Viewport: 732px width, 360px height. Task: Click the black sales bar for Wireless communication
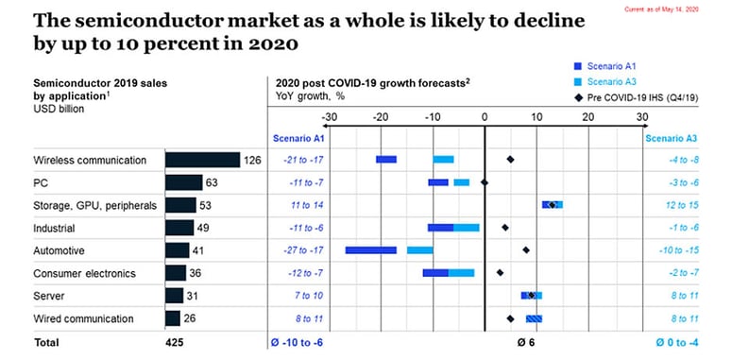(202, 160)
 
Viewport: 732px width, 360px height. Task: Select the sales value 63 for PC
(213, 182)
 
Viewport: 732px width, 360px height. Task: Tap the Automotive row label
(59, 251)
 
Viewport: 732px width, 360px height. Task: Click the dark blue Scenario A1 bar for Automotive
(370, 250)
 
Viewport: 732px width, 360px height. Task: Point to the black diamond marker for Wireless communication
(510, 160)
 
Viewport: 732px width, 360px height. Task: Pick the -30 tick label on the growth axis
(329, 117)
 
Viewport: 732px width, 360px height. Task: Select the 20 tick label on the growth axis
(587, 117)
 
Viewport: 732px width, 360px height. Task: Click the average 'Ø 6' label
(527, 342)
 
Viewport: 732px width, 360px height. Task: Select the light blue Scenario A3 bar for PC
(461, 182)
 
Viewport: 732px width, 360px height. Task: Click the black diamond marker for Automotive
(526, 250)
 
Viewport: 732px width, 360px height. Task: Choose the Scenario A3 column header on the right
(671, 138)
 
